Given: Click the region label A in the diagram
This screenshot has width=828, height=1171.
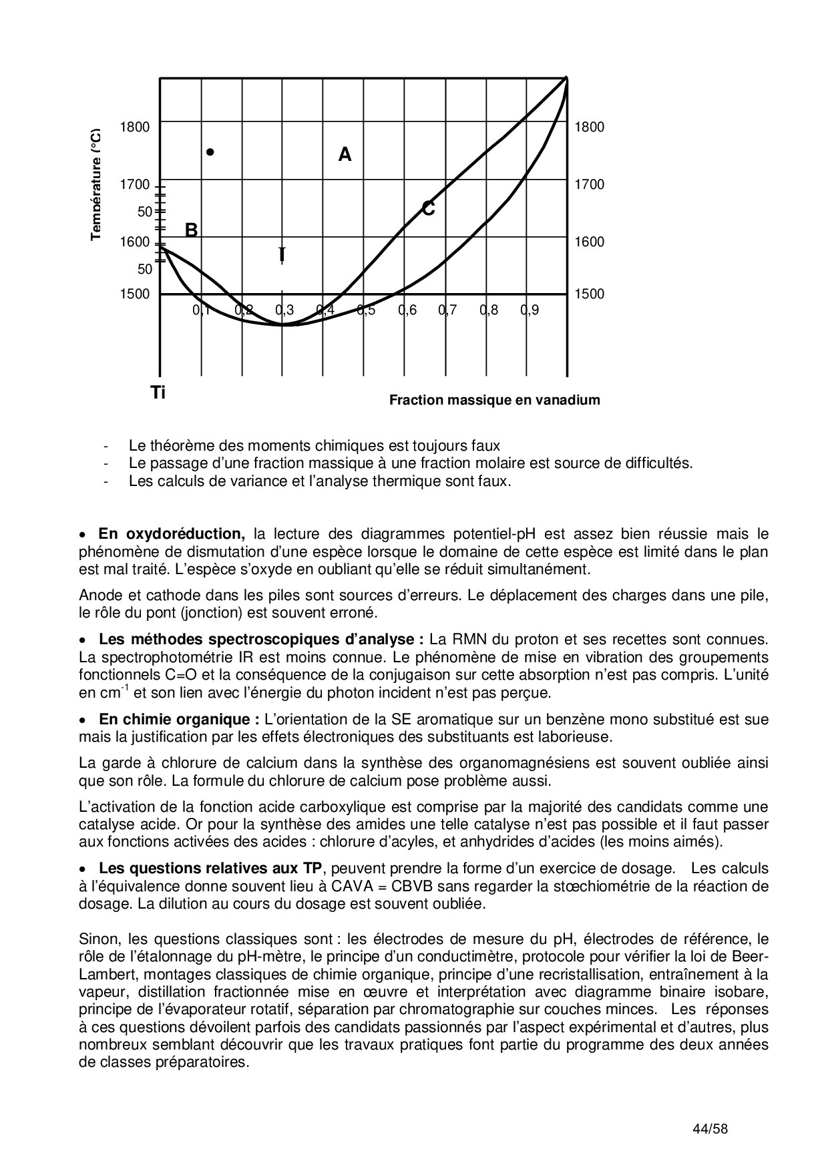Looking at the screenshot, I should click(x=345, y=155).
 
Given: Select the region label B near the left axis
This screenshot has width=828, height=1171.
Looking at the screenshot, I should click(x=191, y=230).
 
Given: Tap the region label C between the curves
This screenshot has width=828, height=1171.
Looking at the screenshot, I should click(x=429, y=209).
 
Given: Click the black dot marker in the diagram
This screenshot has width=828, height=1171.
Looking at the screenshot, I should click(x=210, y=152).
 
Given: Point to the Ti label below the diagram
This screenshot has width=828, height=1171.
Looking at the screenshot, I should click(x=158, y=393).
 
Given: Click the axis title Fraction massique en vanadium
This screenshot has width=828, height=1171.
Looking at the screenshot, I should click(x=494, y=400).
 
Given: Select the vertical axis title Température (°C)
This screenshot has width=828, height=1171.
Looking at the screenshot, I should click(x=97, y=184).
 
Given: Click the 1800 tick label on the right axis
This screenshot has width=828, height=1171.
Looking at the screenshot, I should click(x=589, y=127).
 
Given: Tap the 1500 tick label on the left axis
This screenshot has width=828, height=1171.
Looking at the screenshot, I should click(x=134, y=294).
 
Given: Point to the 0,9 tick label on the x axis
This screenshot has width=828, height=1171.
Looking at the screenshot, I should click(x=530, y=310).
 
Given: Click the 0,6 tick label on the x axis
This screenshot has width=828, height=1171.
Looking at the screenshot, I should click(x=407, y=310).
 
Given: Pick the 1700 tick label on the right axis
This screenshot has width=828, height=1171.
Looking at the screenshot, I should click(x=589, y=184).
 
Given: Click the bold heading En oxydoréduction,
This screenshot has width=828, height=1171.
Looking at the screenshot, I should click(x=172, y=533).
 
